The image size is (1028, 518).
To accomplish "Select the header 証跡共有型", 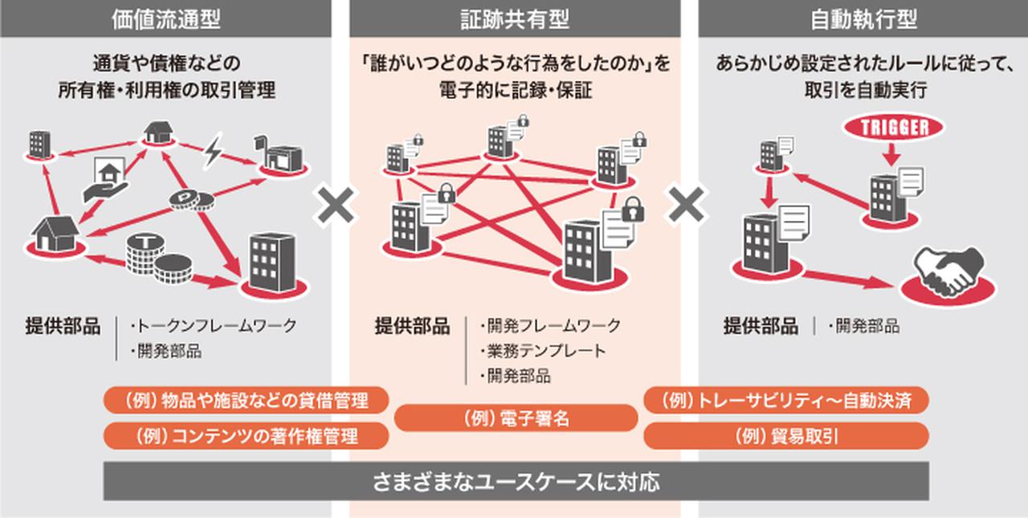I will pos(515,19).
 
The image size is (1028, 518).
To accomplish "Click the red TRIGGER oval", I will pos(894,127).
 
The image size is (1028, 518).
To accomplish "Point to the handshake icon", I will pos(950,273).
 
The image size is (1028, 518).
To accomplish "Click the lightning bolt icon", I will pos(213,152).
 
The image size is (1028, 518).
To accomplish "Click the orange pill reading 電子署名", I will pos(516,418).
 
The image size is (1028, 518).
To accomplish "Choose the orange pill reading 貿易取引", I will pos(786,435).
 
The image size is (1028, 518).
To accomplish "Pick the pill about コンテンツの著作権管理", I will pos(247,435).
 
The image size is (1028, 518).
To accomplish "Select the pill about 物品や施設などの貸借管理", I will pos(247,399).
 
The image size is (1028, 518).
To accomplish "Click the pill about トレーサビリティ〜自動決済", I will pos(786,399).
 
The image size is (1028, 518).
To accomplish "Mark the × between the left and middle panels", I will pos(337,206).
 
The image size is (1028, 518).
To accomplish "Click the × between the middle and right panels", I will pos(687,206).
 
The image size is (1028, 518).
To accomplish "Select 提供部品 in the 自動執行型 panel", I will pos(761,326).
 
